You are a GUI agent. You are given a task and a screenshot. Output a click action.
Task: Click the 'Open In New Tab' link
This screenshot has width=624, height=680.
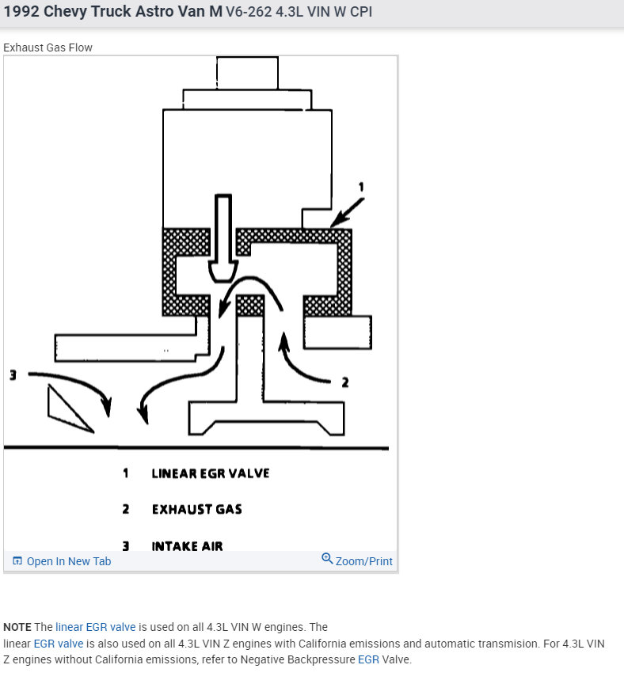pos(68,561)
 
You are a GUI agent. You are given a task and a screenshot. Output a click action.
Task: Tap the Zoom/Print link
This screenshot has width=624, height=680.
pos(363,561)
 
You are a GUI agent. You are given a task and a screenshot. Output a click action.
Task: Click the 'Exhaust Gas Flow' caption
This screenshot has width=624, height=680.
pos(48,47)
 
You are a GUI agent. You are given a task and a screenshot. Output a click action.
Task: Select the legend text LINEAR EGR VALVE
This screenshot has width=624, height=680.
pos(210,473)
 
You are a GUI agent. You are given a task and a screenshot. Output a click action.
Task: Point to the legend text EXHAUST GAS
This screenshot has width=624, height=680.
pos(196,509)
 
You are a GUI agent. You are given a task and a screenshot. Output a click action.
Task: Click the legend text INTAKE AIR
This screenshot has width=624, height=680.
pos(187,545)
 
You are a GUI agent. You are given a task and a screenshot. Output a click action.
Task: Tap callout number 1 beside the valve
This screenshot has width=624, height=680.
pos(362,188)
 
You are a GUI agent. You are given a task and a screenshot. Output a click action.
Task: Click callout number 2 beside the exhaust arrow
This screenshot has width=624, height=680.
pos(344,382)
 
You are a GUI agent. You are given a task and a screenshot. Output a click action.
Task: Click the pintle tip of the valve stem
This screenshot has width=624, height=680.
pos(222,272)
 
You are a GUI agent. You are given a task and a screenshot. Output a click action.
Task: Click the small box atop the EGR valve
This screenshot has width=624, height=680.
pos(246,72)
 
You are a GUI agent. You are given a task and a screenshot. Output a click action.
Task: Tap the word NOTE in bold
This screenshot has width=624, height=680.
pos(17,627)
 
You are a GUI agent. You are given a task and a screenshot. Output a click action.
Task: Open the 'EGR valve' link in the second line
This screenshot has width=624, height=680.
pos(58,644)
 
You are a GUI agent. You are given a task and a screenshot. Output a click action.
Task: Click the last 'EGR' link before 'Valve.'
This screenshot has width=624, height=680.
pos(367,659)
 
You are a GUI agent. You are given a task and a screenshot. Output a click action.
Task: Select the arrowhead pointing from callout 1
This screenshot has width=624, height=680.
pos(338,222)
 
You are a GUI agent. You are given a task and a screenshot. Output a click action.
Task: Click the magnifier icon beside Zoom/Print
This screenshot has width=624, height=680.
pos(327,560)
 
